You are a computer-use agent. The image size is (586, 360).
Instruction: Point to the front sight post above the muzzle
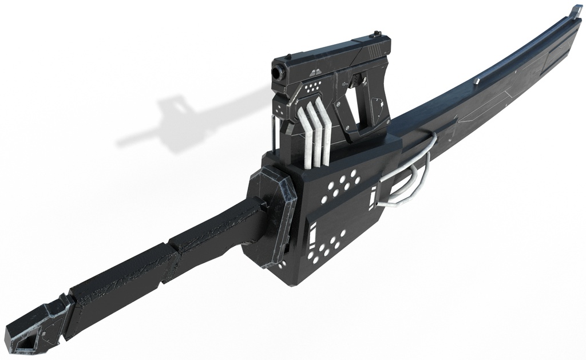(x=288, y=56)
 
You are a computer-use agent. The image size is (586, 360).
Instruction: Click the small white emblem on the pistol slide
(x=314, y=73)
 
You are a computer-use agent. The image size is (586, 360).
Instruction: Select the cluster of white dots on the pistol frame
(x=312, y=88)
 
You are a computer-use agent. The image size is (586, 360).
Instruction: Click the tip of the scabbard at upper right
(x=575, y=10)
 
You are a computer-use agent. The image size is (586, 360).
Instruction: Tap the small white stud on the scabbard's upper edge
(x=476, y=82)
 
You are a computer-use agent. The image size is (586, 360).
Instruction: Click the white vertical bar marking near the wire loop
(x=373, y=196)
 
